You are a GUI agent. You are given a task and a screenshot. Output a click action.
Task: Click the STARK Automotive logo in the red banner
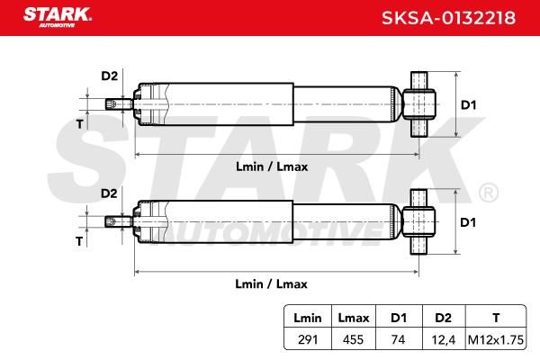coord(58,18)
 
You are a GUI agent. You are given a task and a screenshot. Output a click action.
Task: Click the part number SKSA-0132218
coord(448,18)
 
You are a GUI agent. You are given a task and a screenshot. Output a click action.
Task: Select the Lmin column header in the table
coord(308,318)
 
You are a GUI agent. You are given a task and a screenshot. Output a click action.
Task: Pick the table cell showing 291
coord(308,339)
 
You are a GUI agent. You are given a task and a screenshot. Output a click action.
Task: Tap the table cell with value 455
coord(353,339)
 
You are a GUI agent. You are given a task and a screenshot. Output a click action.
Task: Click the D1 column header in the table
coord(399,318)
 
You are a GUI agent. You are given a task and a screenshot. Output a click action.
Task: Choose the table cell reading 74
coord(398,339)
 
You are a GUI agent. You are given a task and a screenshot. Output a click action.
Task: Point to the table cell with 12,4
coord(444,340)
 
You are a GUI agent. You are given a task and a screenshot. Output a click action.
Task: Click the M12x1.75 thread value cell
coord(496,339)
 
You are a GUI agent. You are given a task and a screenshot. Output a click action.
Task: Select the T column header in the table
coord(496,318)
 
